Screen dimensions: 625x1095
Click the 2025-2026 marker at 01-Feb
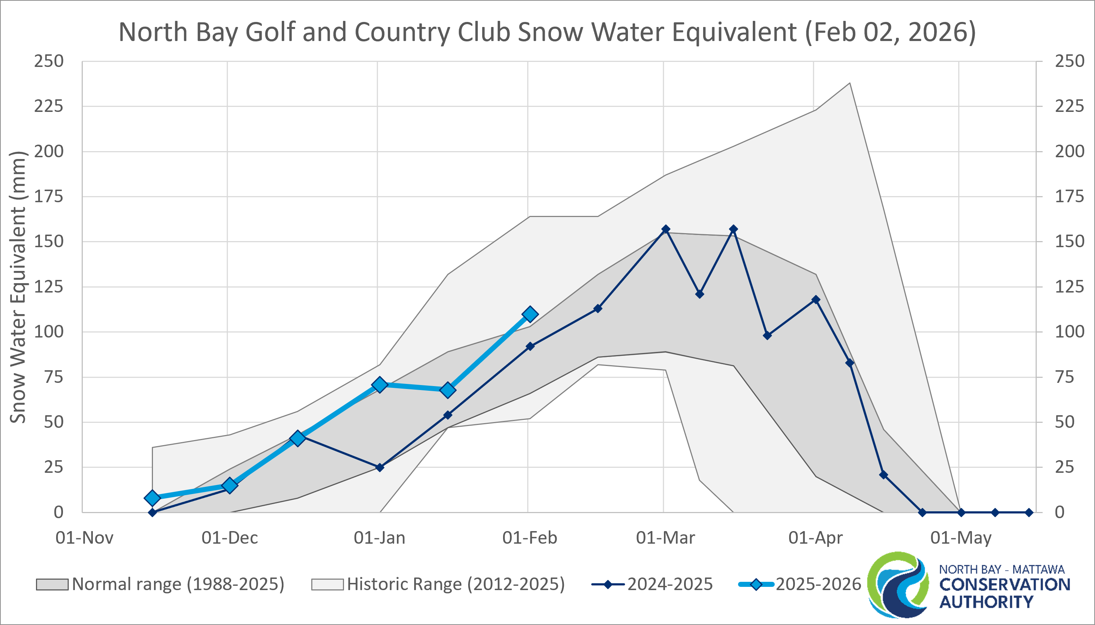(x=530, y=314)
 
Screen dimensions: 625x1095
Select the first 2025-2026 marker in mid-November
(x=152, y=498)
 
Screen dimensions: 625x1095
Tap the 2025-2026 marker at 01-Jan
(x=379, y=385)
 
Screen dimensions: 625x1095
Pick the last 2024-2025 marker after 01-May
(x=1029, y=512)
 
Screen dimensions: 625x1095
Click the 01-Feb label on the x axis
(x=530, y=538)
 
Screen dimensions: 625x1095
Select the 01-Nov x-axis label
(x=84, y=538)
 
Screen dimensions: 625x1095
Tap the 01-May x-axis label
(x=961, y=538)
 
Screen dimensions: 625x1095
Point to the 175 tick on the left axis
(x=49, y=196)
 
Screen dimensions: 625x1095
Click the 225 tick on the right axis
(x=1069, y=106)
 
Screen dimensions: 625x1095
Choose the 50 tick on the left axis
(x=53, y=422)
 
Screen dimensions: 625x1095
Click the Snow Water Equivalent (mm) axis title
(x=18, y=287)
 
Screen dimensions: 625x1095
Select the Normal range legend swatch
(x=52, y=585)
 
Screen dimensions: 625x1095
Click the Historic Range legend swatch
(x=327, y=585)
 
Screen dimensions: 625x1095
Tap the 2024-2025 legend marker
(x=608, y=584)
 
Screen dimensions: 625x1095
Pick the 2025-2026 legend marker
(x=756, y=584)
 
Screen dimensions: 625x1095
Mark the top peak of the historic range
(x=850, y=83)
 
